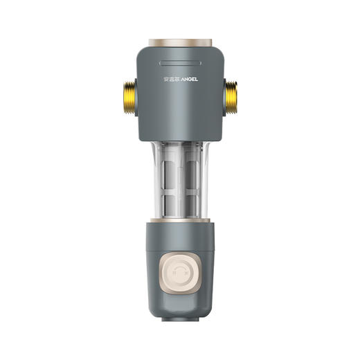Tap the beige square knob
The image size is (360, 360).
click(180, 273)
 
